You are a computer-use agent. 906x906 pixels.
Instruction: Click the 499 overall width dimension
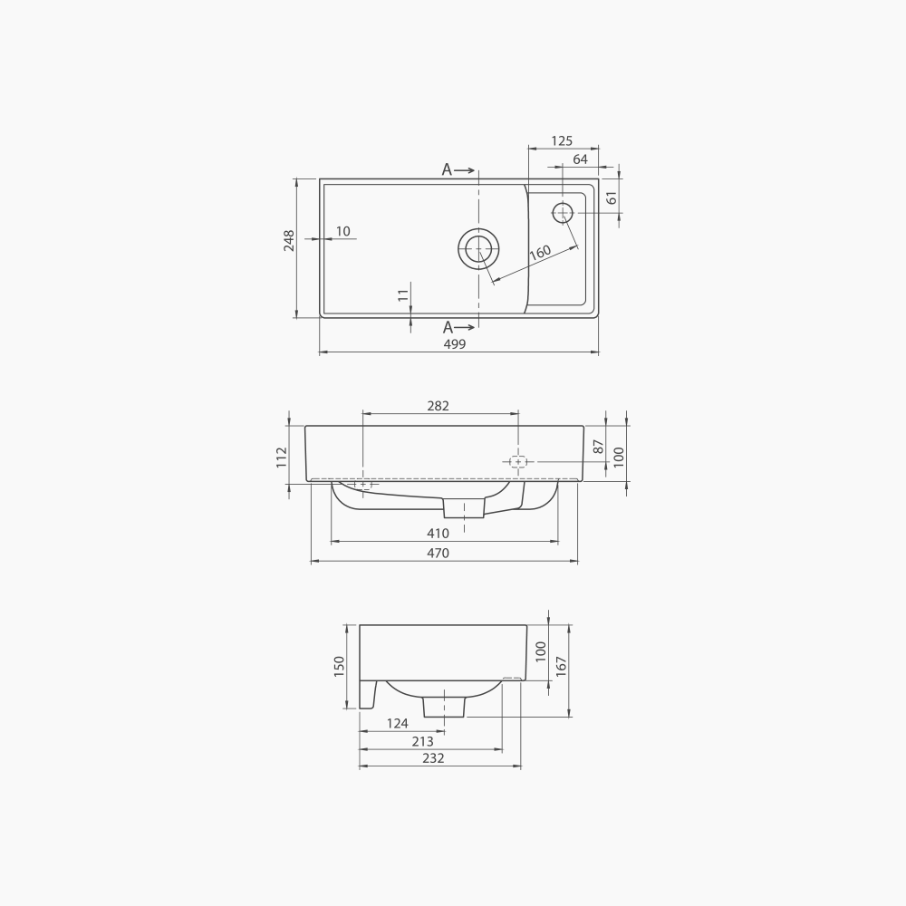pyautogui.click(x=455, y=344)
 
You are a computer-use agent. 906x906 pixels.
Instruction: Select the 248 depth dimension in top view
pyautogui.click(x=289, y=240)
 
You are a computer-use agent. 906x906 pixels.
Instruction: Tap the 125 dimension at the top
pyautogui.click(x=562, y=140)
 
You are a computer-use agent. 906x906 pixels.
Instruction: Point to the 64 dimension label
pyautogui.click(x=580, y=159)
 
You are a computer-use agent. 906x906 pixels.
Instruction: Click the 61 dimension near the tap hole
pyautogui.click(x=612, y=198)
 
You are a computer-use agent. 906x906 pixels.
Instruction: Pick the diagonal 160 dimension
pyautogui.click(x=540, y=253)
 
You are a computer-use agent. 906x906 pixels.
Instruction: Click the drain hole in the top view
pyautogui.click(x=478, y=248)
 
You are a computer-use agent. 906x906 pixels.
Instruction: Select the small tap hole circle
pyautogui.click(x=563, y=212)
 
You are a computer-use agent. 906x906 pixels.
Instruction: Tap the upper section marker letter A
pyautogui.click(x=447, y=169)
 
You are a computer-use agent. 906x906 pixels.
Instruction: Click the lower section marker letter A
pyautogui.click(x=448, y=328)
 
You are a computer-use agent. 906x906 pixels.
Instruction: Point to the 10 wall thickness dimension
pyautogui.click(x=342, y=232)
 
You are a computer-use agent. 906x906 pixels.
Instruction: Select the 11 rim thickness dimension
pyautogui.click(x=403, y=294)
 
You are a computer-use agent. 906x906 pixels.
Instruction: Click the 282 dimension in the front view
pyautogui.click(x=438, y=406)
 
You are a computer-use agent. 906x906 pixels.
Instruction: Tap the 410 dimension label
pyautogui.click(x=438, y=534)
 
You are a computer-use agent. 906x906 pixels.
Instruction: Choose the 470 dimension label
pyautogui.click(x=438, y=554)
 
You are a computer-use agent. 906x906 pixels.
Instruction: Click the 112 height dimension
pyautogui.click(x=282, y=456)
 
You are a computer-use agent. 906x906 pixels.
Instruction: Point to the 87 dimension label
pyautogui.click(x=598, y=446)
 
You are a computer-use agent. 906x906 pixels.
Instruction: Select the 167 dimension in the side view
pyautogui.click(x=561, y=666)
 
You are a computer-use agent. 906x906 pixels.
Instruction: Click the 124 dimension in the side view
pyautogui.click(x=397, y=723)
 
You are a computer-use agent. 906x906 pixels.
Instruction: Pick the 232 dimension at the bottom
pyautogui.click(x=433, y=758)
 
